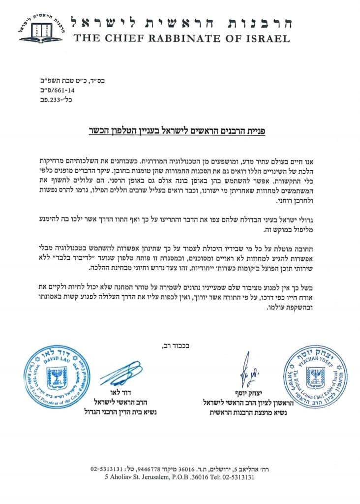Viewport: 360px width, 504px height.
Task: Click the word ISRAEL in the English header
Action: coord(266,37)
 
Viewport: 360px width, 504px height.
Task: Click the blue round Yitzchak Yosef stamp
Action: coord(310,378)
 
